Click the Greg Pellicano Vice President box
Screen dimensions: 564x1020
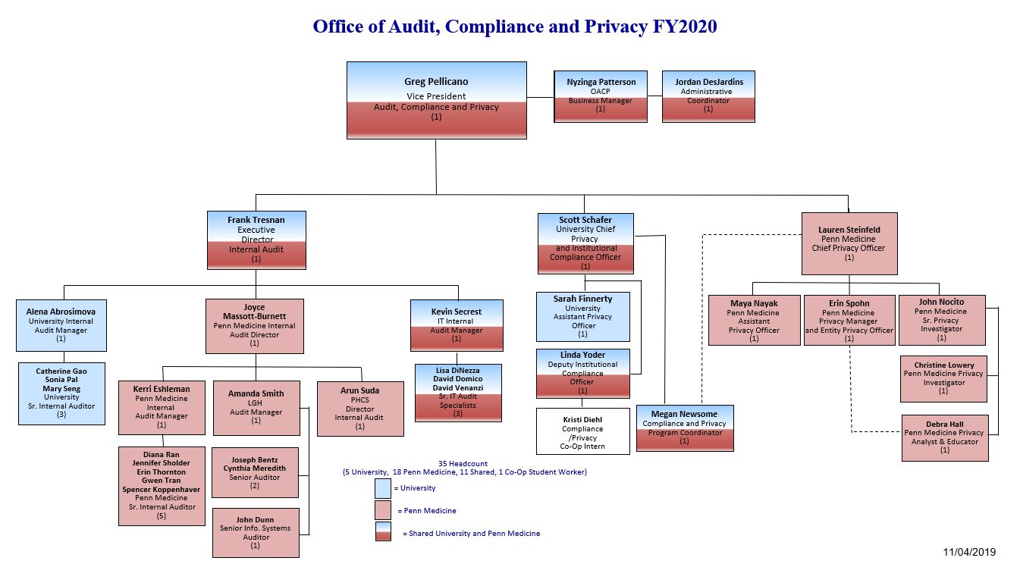[436, 99]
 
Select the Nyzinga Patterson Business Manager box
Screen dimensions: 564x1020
[601, 96]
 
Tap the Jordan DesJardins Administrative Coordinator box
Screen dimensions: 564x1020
[708, 96]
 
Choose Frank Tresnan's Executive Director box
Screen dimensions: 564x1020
[256, 240]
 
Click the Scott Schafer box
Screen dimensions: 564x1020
[585, 243]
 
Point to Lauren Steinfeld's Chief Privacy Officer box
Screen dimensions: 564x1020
[849, 243]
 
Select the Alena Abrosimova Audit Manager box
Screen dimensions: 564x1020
[61, 324]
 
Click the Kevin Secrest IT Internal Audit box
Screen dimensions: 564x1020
[457, 324]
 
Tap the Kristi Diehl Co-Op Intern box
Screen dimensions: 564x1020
[582, 431]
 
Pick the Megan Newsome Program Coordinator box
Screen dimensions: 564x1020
[684, 428]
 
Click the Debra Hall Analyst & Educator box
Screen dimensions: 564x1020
[944, 437]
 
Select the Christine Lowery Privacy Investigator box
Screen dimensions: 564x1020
[943, 378]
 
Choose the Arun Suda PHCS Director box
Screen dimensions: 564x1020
[359, 408]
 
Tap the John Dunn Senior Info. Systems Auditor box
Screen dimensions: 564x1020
[255, 532]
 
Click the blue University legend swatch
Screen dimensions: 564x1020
[383, 488]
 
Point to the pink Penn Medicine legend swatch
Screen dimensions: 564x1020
[383, 510]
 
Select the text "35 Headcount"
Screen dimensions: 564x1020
[463, 463]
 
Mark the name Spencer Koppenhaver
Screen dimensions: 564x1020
[162, 490]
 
